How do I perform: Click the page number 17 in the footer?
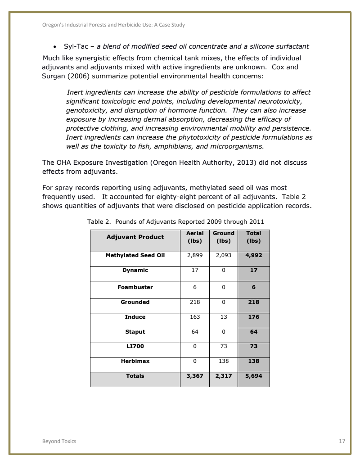[342, 441]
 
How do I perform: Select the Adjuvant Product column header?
[135, 237]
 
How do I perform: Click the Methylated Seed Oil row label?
[135, 255]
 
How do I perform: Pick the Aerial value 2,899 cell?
[195, 255]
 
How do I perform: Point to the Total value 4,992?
[254, 255]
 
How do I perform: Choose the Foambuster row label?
[135, 287]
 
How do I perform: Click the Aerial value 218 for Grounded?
[195, 302]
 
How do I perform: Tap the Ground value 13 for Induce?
[223, 317]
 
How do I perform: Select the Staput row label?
[135, 332]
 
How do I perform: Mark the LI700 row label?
[135, 347]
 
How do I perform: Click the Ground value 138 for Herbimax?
[223, 361]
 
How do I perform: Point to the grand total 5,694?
[254, 376]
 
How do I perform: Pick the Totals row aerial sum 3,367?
[195, 376]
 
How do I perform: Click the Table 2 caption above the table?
[175, 222]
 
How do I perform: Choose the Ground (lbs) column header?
[223, 237]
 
